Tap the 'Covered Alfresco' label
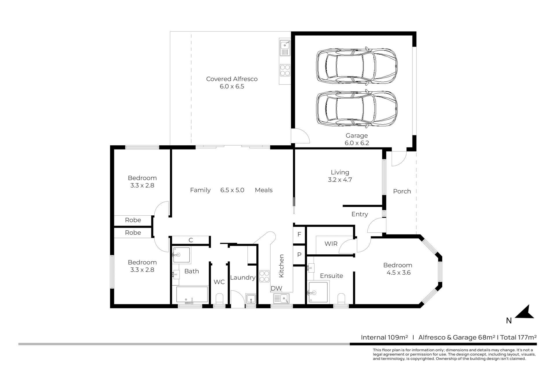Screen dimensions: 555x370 tap(232, 79)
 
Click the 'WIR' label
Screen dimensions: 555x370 tap(331, 244)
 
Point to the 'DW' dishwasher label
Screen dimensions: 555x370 tap(276, 288)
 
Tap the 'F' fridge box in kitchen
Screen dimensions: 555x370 tap(299, 234)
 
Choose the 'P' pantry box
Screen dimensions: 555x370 tap(299, 255)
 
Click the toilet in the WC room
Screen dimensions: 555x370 tap(220, 299)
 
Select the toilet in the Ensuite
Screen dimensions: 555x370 tap(341, 299)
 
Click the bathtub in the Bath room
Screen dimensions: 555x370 tap(192, 295)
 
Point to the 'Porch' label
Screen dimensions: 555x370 tap(402, 191)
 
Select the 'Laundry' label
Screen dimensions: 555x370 tap(243, 278)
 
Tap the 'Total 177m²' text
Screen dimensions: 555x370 tap(519, 337)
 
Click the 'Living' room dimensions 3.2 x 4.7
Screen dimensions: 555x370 tap(340, 180)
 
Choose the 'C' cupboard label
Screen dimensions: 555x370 tap(191, 240)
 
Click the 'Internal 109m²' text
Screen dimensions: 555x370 tap(384, 337)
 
